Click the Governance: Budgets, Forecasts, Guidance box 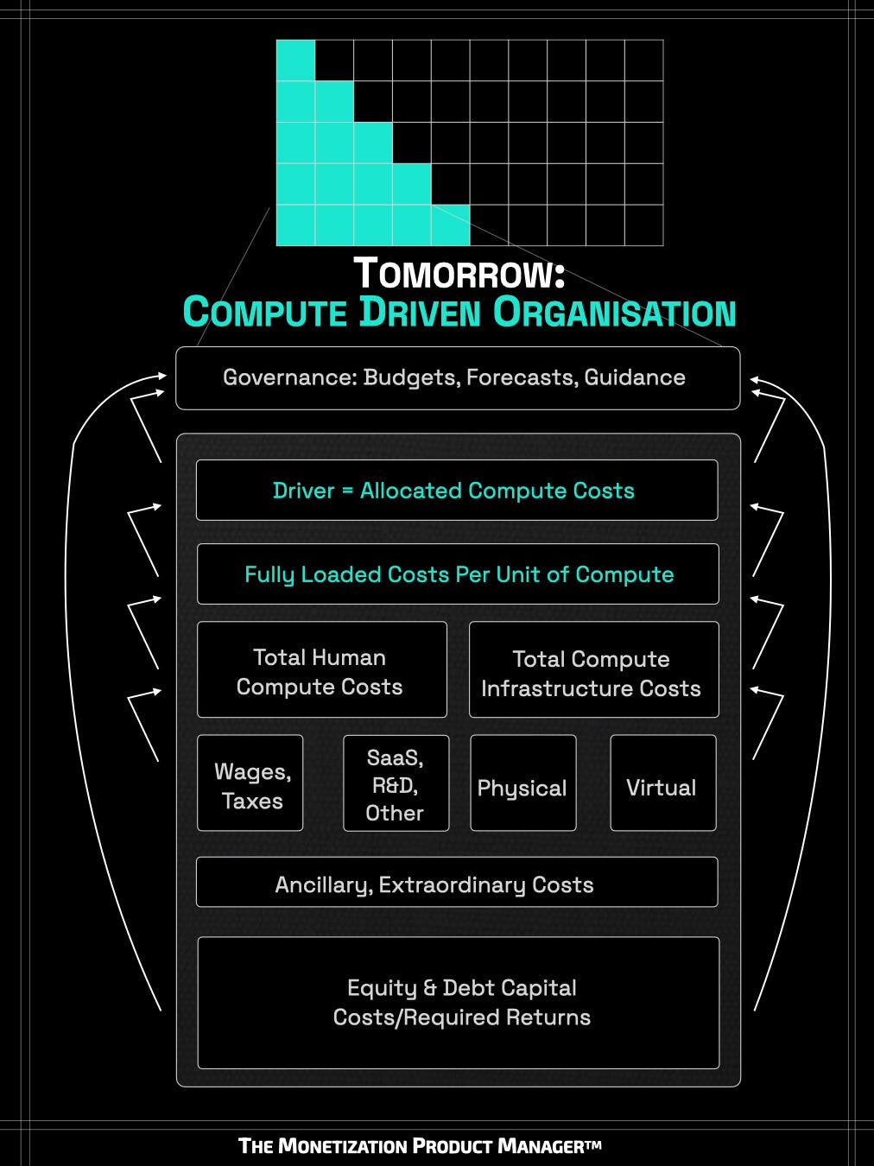tap(458, 378)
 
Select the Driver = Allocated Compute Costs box tap(456, 491)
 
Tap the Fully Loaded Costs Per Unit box tap(458, 574)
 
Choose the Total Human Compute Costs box tap(321, 670)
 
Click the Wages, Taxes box tap(250, 783)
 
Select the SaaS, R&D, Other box tap(396, 783)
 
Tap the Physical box tap(522, 784)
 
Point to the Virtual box tap(662, 784)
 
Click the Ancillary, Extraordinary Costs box tap(456, 883)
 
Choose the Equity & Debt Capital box tap(459, 1002)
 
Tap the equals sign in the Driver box tap(347, 491)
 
